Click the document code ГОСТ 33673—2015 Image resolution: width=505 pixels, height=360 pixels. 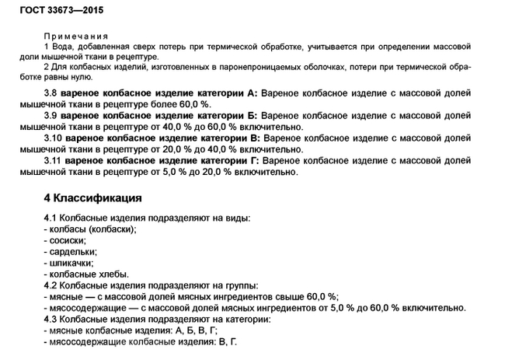point(52,12)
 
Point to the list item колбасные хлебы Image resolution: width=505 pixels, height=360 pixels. point(86,274)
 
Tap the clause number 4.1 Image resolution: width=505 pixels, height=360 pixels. point(51,218)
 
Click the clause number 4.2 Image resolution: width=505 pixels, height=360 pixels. point(51,285)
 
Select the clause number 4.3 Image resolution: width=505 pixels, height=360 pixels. point(51,318)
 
